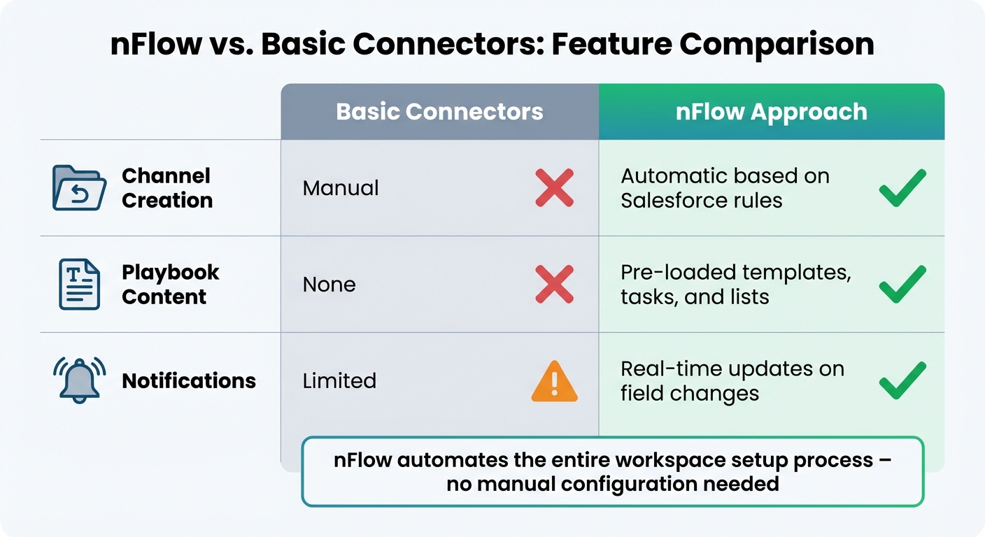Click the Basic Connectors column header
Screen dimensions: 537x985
pos(439,112)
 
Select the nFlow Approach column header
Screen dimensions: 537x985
pos(771,112)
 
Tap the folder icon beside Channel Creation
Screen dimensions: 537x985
pos(79,188)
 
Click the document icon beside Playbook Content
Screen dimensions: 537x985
pos(79,284)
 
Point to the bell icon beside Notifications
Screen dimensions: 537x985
pos(79,380)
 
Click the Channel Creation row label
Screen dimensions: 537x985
pos(166,188)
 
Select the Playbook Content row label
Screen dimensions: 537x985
pos(170,284)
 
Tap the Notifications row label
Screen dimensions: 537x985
pos(189,381)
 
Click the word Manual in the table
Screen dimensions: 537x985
pos(341,188)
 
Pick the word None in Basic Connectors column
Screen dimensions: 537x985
pos(329,285)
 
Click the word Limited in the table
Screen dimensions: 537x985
pos(339,381)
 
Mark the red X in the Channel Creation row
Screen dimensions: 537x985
pos(554,188)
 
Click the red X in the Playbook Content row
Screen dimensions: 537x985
pos(554,285)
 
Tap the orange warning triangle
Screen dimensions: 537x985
pos(554,382)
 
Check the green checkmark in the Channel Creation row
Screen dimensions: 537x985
pos(902,187)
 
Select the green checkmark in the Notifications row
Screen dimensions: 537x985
pos(902,380)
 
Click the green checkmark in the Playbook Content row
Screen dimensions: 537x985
pos(902,284)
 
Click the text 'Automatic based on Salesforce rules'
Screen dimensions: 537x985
pos(725,188)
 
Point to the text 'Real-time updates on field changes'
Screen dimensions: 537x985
pos(732,381)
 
